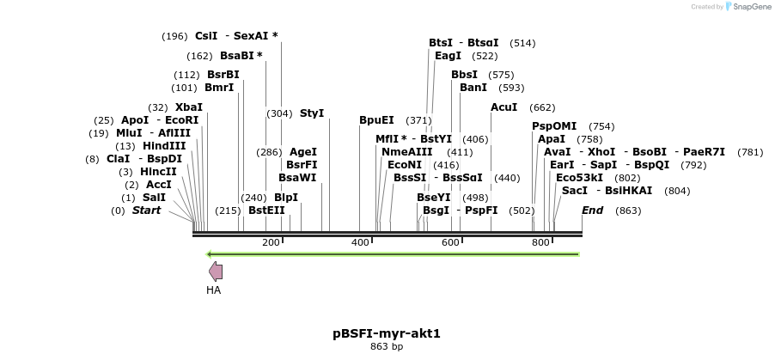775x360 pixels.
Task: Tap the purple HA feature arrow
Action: (x=216, y=272)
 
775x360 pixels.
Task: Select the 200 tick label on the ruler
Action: (x=271, y=243)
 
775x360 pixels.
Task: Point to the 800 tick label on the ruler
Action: (x=540, y=243)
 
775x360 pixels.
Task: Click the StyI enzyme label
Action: (x=312, y=113)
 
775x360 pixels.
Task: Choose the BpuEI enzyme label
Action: (x=376, y=120)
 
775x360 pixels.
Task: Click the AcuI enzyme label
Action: (x=503, y=107)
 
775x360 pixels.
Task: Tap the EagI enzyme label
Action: (x=448, y=56)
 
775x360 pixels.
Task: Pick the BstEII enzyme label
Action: (x=266, y=211)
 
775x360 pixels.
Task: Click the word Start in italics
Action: (x=146, y=211)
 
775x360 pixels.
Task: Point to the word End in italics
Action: (x=592, y=211)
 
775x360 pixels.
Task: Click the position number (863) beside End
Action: (x=628, y=211)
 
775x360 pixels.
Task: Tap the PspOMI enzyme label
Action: (x=554, y=126)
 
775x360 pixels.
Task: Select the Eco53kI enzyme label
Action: (x=579, y=178)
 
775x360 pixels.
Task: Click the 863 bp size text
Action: (x=387, y=346)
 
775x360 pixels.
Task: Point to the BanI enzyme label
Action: (x=473, y=88)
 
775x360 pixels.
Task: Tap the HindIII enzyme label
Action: (x=164, y=146)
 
